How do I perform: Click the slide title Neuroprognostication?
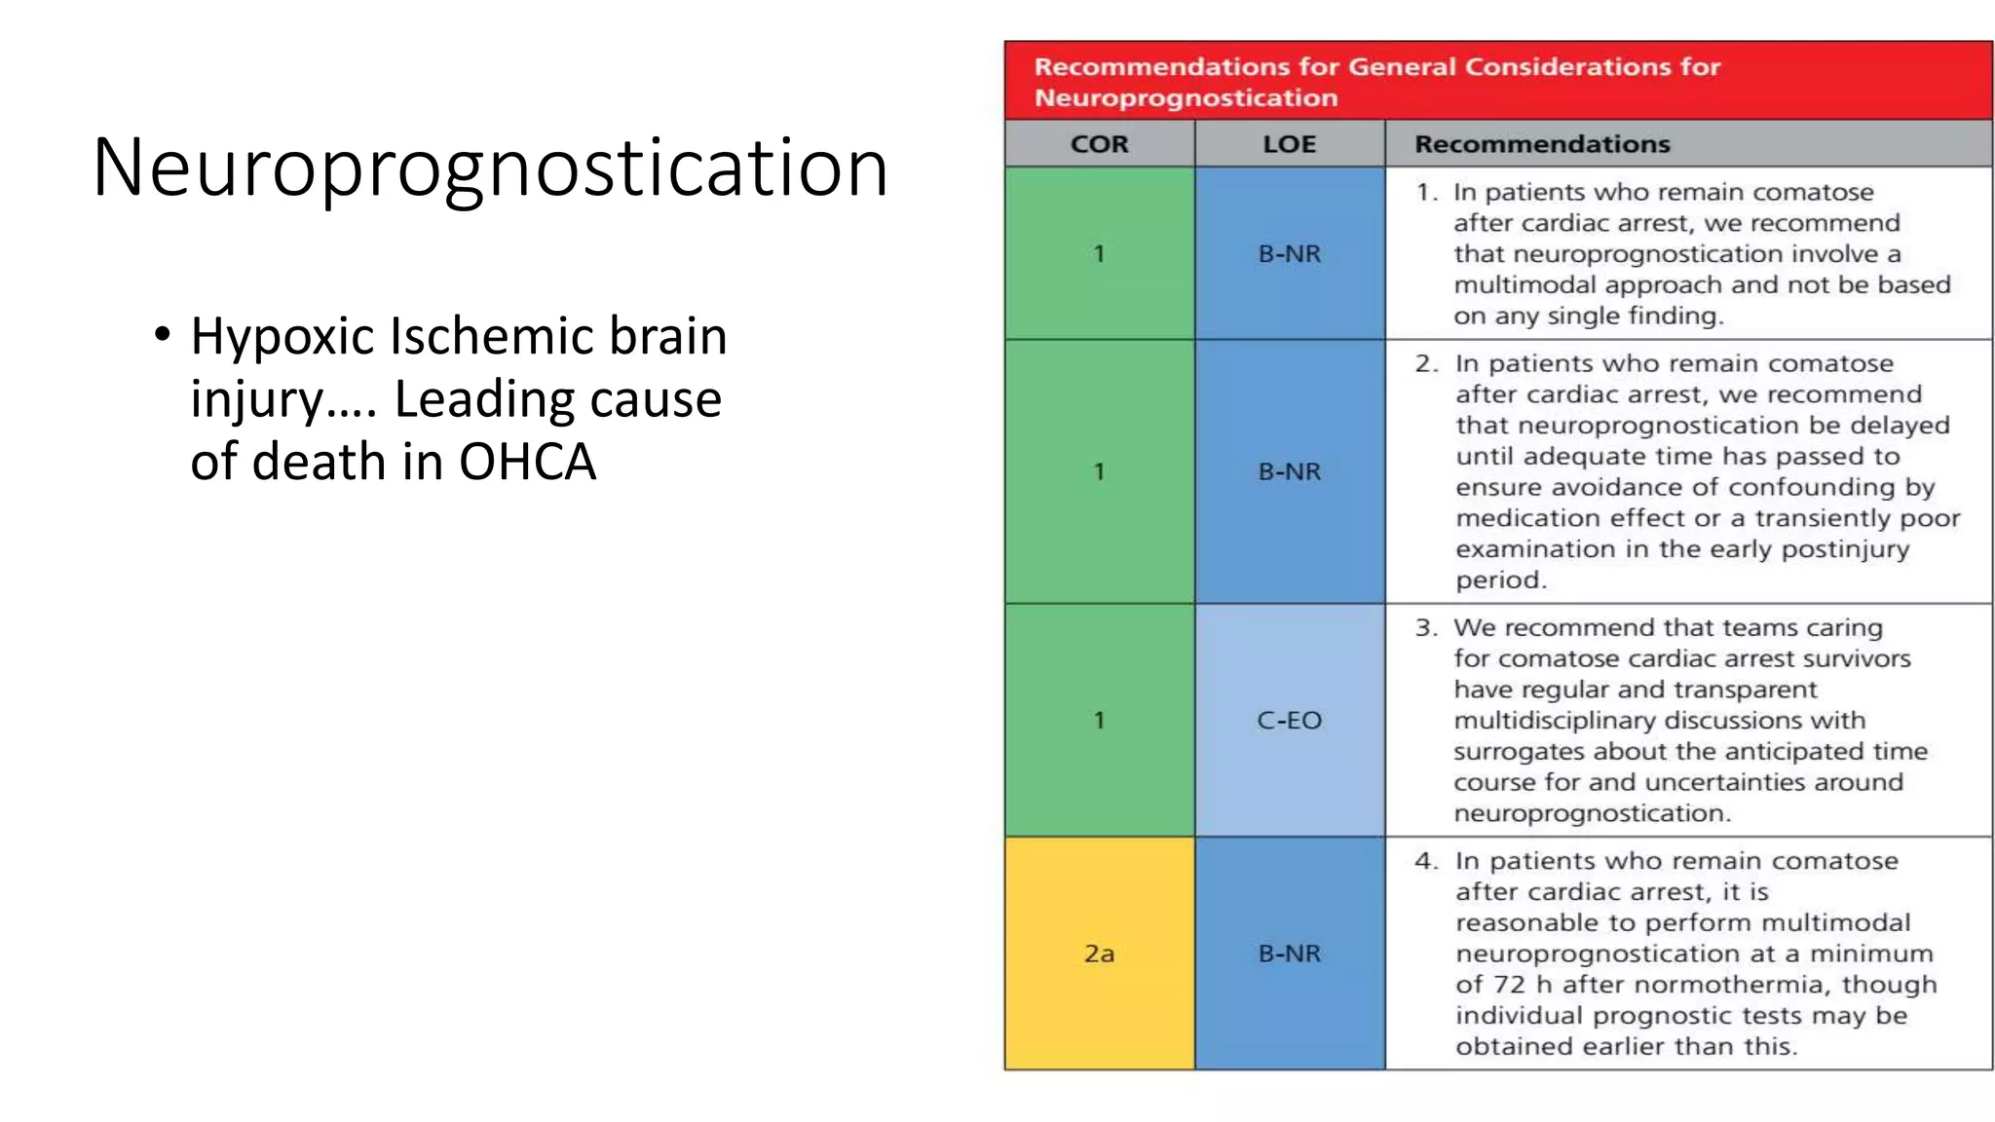490,168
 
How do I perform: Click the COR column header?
1099,144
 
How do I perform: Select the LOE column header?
1289,144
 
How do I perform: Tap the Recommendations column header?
1542,144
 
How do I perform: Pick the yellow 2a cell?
1099,954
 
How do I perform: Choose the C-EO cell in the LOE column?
1289,721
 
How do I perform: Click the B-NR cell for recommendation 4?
1289,954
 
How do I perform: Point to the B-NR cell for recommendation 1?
1289,254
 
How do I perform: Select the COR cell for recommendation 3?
1099,721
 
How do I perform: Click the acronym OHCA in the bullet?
527,462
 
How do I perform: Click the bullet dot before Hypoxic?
163,334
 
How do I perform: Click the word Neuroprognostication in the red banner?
1186,98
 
